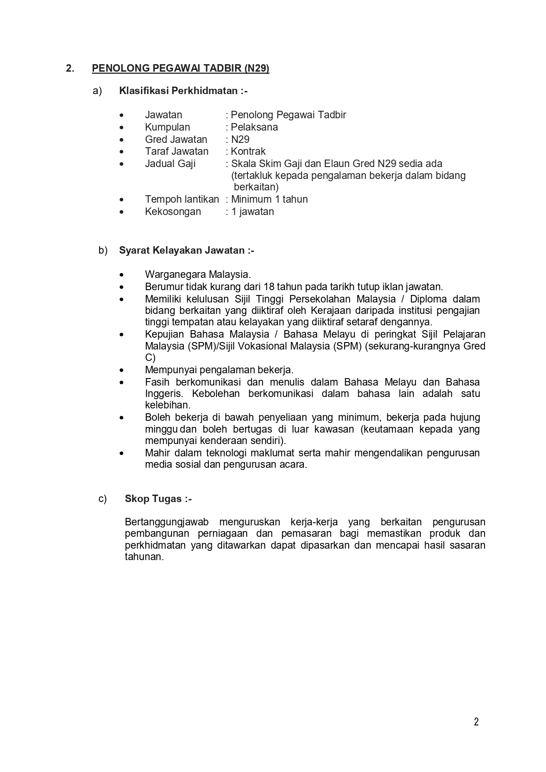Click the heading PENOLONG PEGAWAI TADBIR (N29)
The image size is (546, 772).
pos(180,68)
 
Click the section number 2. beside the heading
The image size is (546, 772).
pos(70,68)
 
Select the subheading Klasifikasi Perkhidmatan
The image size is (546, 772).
pos(183,91)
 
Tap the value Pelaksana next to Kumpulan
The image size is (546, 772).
pos(254,127)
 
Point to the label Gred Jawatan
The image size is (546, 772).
pos(176,139)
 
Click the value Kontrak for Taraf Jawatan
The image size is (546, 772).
pos(248,151)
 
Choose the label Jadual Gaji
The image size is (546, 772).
pos(170,164)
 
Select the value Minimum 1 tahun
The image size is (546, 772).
pos(269,199)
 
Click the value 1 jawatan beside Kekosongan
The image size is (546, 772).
pos(252,211)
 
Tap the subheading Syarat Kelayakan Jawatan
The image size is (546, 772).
pos(186,250)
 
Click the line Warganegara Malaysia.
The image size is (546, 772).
pos(198,274)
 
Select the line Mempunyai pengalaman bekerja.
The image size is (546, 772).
pos(219,370)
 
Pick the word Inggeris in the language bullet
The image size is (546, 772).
pos(162,393)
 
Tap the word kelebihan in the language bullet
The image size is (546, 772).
pos(167,405)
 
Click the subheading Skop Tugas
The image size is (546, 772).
pos(158,499)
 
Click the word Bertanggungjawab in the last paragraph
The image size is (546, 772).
pos(167,522)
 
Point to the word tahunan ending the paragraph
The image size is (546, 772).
pos(144,557)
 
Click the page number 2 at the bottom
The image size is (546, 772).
pos(476,721)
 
